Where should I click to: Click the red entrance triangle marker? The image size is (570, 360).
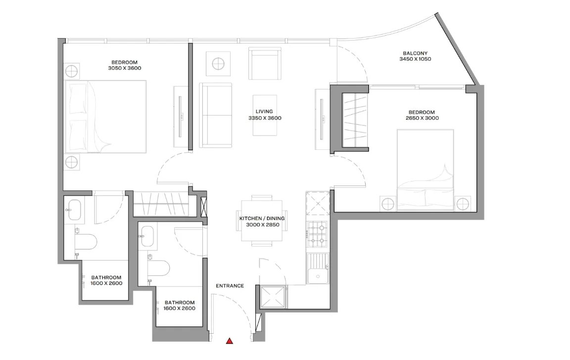click(x=230, y=341)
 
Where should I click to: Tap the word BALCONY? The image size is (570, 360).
click(x=415, y=53)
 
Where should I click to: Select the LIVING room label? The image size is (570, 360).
click(x=264, y=112)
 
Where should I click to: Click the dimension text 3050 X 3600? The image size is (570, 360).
click(x=125, y=68)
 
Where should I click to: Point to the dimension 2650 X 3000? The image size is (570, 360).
click(x=422, y=118)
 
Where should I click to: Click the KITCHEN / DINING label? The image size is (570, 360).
click(x=262, y=219)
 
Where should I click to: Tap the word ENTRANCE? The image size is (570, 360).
click(x=230, y=286)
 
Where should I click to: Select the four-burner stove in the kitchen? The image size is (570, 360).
click(x=317, y=234)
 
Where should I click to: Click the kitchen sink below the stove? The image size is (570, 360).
click(x=318, y=269)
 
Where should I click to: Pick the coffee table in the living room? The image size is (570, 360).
click(x=265, y=115)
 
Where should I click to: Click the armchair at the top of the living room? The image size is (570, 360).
click(x=265, y=63)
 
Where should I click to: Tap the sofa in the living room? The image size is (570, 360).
click(x=216, y=115)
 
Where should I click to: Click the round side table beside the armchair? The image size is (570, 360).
click(x=218, y=64)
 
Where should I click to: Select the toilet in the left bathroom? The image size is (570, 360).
click(x=86, y=242)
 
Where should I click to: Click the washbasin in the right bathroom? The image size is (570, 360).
click(x=147, y=236)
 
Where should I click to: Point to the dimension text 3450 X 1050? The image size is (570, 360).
click(x=415, y=59)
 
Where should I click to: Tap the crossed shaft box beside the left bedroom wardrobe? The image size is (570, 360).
click(x=203, y=207)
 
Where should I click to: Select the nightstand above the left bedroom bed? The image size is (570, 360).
click(x=72, y=71)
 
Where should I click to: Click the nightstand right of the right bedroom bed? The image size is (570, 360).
click(x=463, y=204)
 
